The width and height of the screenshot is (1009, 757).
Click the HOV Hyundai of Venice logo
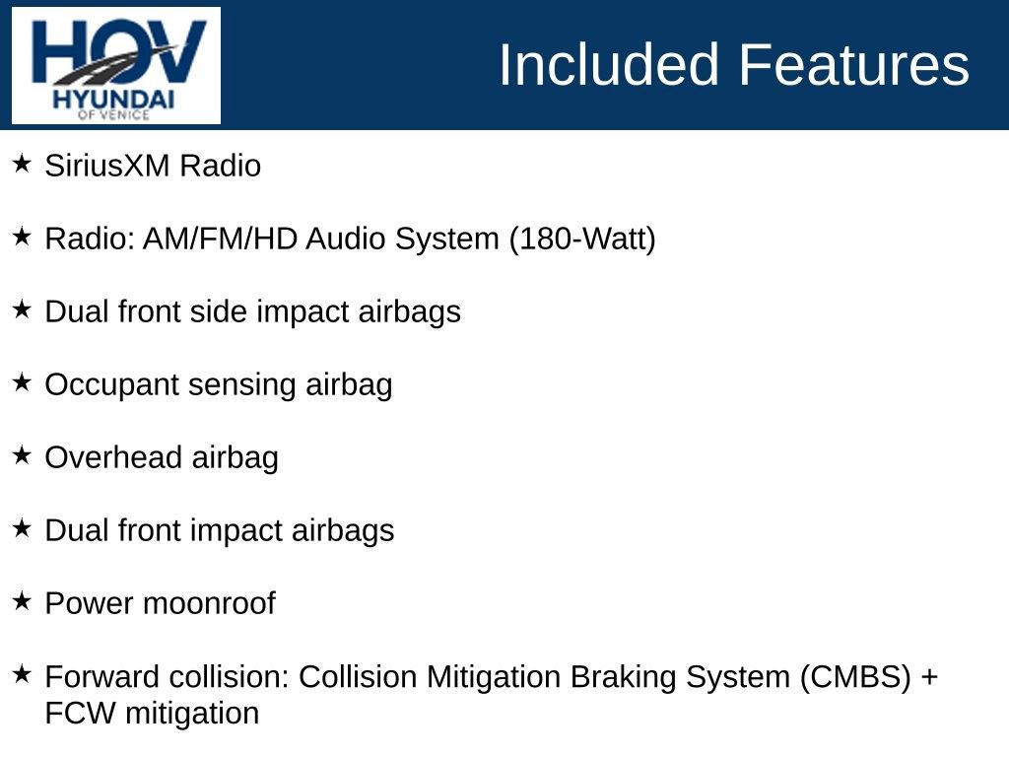[x=116, y=66]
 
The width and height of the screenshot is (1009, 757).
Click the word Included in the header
[x=609, y=64]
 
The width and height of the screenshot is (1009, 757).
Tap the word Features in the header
[x=853, y=64]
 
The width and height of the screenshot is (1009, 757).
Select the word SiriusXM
[x=106, y=166]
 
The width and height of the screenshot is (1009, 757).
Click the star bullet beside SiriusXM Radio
[x=22, y=164]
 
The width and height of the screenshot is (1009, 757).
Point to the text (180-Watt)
[x=582, y=239]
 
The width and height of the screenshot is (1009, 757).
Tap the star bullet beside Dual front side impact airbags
[x=22, y=310]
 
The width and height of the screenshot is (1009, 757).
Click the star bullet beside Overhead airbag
[x=22, y=455]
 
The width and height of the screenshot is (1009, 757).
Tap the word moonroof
[x=209, y=604]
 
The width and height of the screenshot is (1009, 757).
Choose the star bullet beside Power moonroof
[x=22, y=602]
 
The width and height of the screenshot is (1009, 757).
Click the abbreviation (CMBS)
[x=856, y=677]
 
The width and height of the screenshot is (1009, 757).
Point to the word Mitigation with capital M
[x=493, y=677]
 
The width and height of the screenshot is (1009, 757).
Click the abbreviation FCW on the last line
[x=81, y=714]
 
